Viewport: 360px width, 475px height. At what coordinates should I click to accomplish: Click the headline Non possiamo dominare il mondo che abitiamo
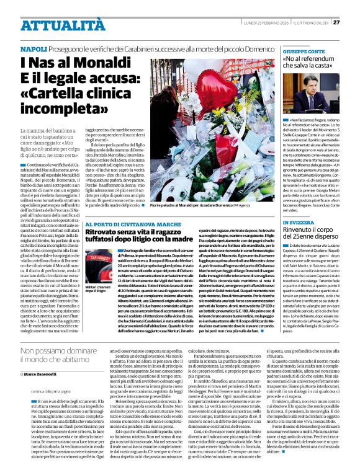tap(68, 358)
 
